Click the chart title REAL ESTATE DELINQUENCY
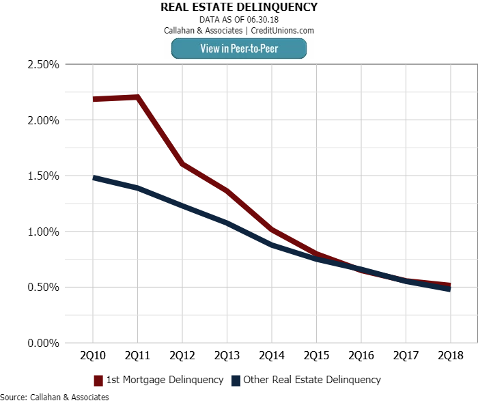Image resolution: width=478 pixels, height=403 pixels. pyautogui.click(x=238, y=8)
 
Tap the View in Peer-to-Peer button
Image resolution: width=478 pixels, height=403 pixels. pyautogui.click(x=238, y=48)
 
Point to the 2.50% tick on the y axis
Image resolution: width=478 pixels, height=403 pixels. pyautogui.click(x=42, y=65)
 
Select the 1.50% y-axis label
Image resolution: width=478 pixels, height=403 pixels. pyautogui.click(x=42, y=176)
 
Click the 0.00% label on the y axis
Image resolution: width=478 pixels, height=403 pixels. pyautogui.click(x=42, y=343)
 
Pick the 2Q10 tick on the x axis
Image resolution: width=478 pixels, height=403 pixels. pyautogui.click(x=93, y=357)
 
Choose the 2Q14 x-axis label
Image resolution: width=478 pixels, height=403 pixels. pyautogui.click(x=272, y=357)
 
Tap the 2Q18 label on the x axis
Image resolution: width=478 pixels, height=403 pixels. pyautogui.click(x=451, y=357)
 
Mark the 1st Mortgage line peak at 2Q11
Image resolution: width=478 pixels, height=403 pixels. pyautogui.click(x=137, y=97)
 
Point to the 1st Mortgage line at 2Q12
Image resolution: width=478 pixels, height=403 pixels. pyautogui.click(x=182, y=164)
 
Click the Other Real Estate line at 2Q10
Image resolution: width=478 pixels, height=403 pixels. pyautogui.click(x=93, y=178)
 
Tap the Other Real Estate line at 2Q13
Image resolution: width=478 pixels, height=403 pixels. pyautogui.click(x=227, y=223)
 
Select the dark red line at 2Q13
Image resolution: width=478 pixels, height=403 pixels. pyautogui.click(x=227, y=191)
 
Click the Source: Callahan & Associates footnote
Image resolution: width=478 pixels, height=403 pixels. pyautogui.click(x=55, y=396)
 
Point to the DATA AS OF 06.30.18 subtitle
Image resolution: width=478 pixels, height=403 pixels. pyautogui.click(x=238, y=20)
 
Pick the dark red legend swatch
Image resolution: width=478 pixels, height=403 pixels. pyautogui.click(x=98, y=380)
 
